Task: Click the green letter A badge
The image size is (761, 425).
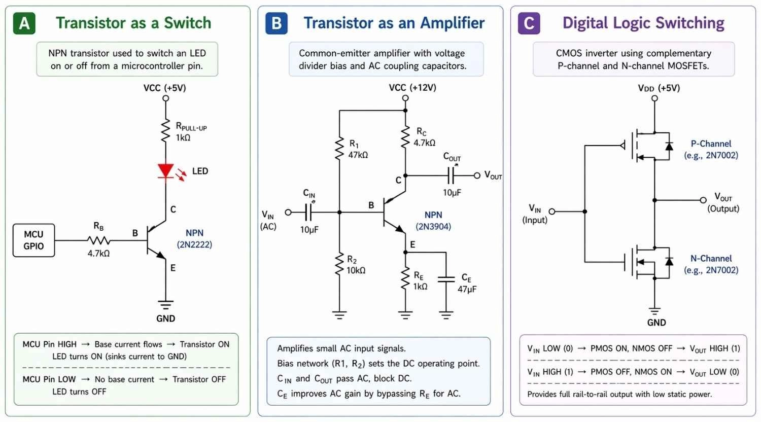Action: tap(24, 23)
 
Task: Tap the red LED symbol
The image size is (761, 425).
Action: tap(166, 171)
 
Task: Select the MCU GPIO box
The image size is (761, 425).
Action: tap(33, 240)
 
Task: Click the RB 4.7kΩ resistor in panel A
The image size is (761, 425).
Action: tap(99, 240)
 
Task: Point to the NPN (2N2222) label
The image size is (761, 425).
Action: tap(194, 239)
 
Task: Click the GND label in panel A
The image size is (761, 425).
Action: tap(165, 318)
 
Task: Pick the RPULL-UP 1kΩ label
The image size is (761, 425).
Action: tap(191, 132)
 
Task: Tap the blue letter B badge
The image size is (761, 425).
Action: tap(276, 23)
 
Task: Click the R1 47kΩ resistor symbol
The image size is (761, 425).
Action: tap(339, 149)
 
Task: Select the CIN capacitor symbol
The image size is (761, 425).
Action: tap(308, 212)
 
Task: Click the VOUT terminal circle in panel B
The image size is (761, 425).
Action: tap(477, 175)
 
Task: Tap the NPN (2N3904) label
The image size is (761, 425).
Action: tap(433, 221)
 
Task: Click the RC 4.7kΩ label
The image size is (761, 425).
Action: tap(424, 137)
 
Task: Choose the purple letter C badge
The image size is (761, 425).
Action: tap(529, 23)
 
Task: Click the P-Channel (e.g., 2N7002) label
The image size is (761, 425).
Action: tap(711, 150)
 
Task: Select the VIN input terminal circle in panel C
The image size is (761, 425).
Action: tap(552, 211)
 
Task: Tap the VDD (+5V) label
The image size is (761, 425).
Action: tap(659, 88)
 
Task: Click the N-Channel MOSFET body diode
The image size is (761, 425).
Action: tap(669, 261)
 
